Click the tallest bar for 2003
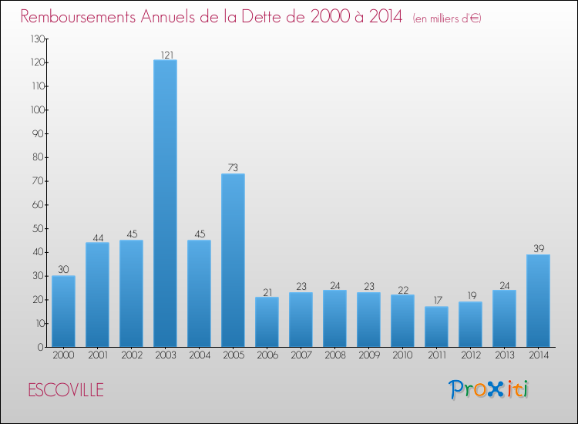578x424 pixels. (x=165, y=204)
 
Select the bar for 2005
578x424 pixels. (x=233, y=261)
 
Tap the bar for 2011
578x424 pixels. (x=436, y=327)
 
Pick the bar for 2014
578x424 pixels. (x=538, y=301)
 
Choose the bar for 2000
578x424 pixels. (x=63, y=311)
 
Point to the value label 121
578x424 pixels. (x=165, y=55)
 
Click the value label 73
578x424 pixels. (x=233, y=168)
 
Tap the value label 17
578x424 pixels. (x=436, y=301)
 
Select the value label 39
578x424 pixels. (x=538, y=249)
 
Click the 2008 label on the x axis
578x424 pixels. (x=334, y=355)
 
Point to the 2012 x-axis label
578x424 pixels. (x=470, y=355)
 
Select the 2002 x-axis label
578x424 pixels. (x=131, y=355)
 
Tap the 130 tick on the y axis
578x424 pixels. (x=36, y=39)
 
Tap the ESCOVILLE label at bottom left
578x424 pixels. (x=66, y=389)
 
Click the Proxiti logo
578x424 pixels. (x=489, y=389)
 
